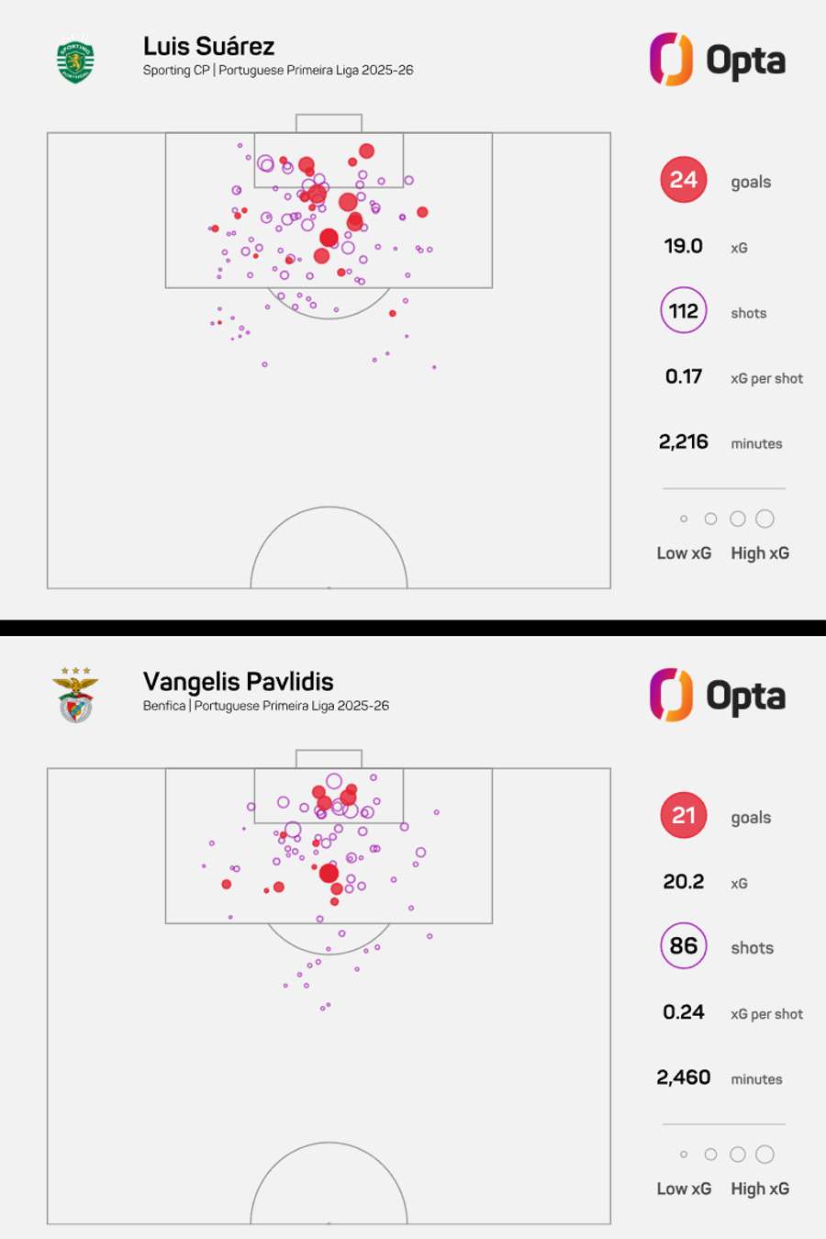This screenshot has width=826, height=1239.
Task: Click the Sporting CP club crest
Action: point(75,61)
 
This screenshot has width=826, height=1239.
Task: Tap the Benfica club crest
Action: point(75,696)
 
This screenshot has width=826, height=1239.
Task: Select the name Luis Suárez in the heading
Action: point(208,46)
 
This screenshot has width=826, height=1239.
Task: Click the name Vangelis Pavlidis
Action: point(238,682)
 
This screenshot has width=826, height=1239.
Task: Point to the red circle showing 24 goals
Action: point(684,180)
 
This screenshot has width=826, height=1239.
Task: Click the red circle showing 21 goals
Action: point(684,816)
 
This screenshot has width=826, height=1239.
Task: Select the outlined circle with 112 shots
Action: point(684,311)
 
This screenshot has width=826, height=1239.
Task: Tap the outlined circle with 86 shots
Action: point(684,946)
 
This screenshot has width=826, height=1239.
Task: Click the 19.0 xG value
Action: point(684,246)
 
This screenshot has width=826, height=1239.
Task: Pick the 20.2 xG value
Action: point(684,882)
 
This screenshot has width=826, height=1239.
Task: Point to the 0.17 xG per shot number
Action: point(684,376)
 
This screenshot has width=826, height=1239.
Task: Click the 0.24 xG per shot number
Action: point(684,1012)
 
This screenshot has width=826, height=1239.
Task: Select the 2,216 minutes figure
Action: point(684,442)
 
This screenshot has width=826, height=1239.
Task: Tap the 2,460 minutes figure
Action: point(684,1077)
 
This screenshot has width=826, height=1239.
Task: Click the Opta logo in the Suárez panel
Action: point(718,61)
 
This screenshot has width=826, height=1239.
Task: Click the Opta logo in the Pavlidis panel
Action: point(718,696)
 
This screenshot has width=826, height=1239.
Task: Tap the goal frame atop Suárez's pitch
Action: point(329,123)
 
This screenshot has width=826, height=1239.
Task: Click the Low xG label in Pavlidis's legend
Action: point(684,1189)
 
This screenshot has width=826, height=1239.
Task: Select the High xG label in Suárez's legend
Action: point(760,553)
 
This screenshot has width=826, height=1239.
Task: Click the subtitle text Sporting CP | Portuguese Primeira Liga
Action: point(277,71)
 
